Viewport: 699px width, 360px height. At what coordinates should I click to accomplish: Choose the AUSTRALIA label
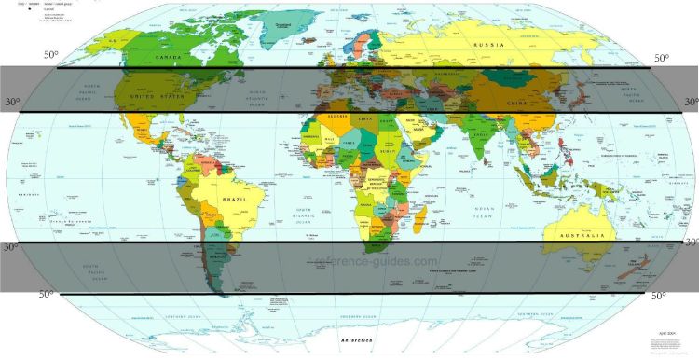(x=580, y=236)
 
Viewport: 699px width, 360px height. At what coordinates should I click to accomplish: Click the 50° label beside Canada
(x=50, y=55)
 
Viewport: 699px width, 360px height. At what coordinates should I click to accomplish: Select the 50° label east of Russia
(x=660, y=58)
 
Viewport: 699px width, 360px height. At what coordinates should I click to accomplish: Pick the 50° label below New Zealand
(x=659, y=296)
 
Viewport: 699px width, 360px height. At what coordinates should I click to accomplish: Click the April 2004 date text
(x=668, y=333)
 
